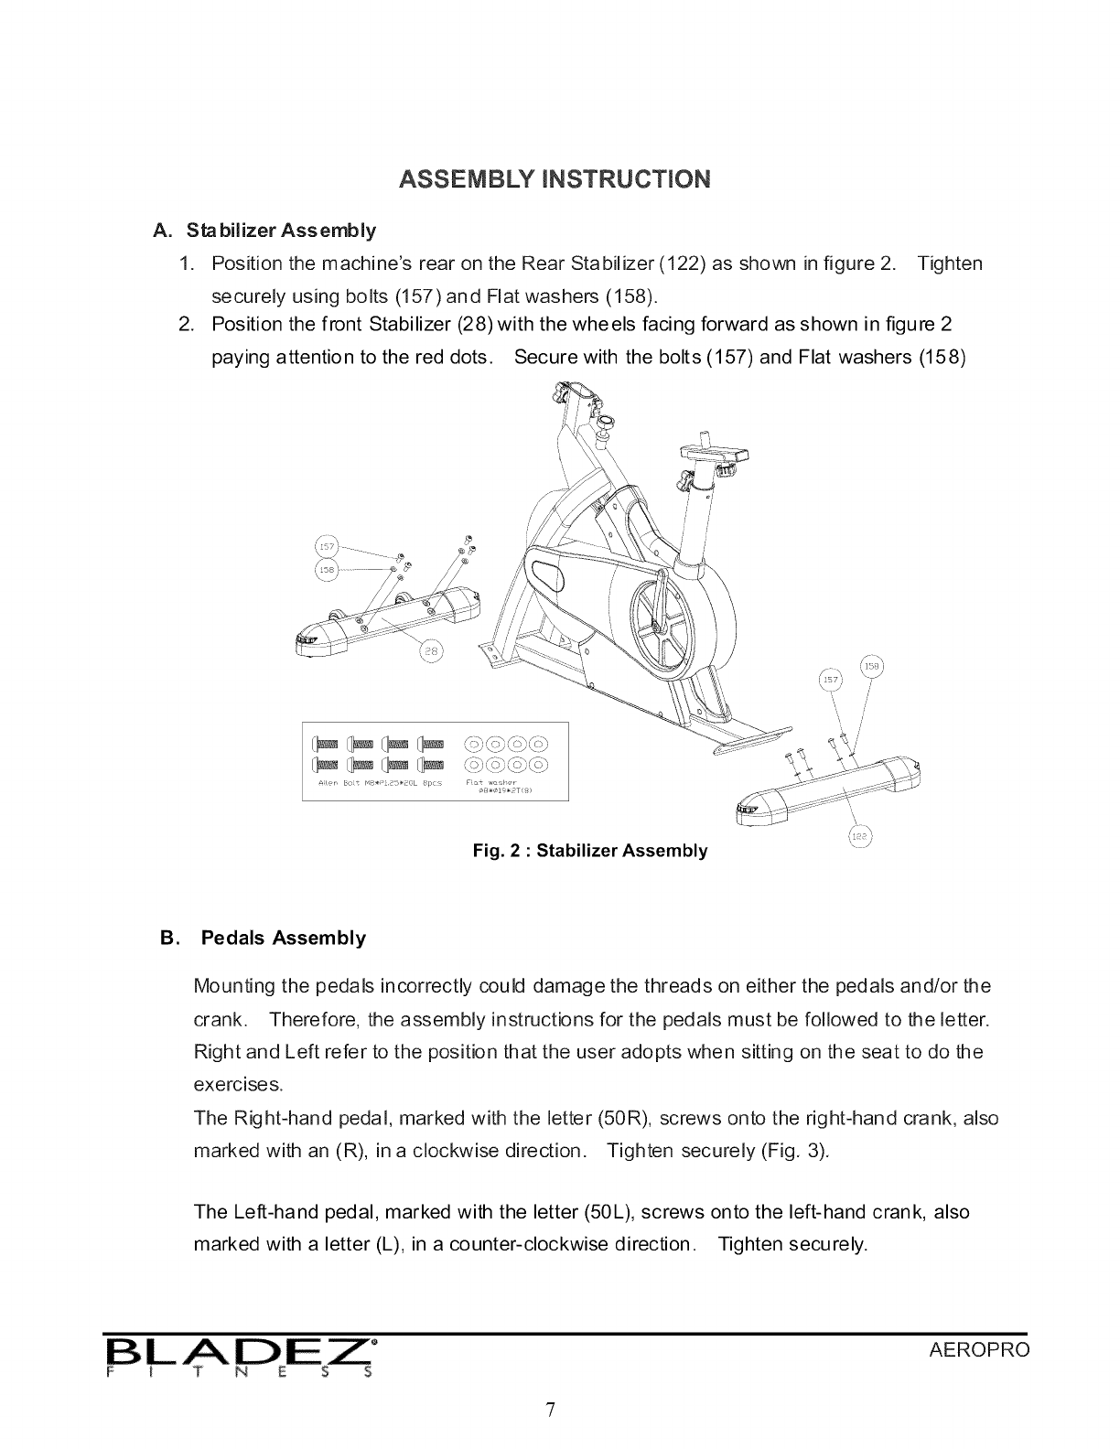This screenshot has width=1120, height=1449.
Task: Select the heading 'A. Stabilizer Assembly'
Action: (x=265, y=229)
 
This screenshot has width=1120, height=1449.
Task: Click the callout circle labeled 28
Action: (x=431, y=651)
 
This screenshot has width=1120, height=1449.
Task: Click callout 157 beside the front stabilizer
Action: (x=327, y=547)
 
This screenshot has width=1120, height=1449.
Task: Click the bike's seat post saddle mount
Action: (x=715, y=455)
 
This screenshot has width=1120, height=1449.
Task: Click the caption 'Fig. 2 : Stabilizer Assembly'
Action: (x=589, y=851)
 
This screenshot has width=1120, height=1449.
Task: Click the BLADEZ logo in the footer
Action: (x=239, y=1357)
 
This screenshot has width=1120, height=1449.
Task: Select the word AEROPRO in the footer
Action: (x=979, y=1351)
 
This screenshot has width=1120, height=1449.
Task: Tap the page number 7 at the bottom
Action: (x=551, y=1410)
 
